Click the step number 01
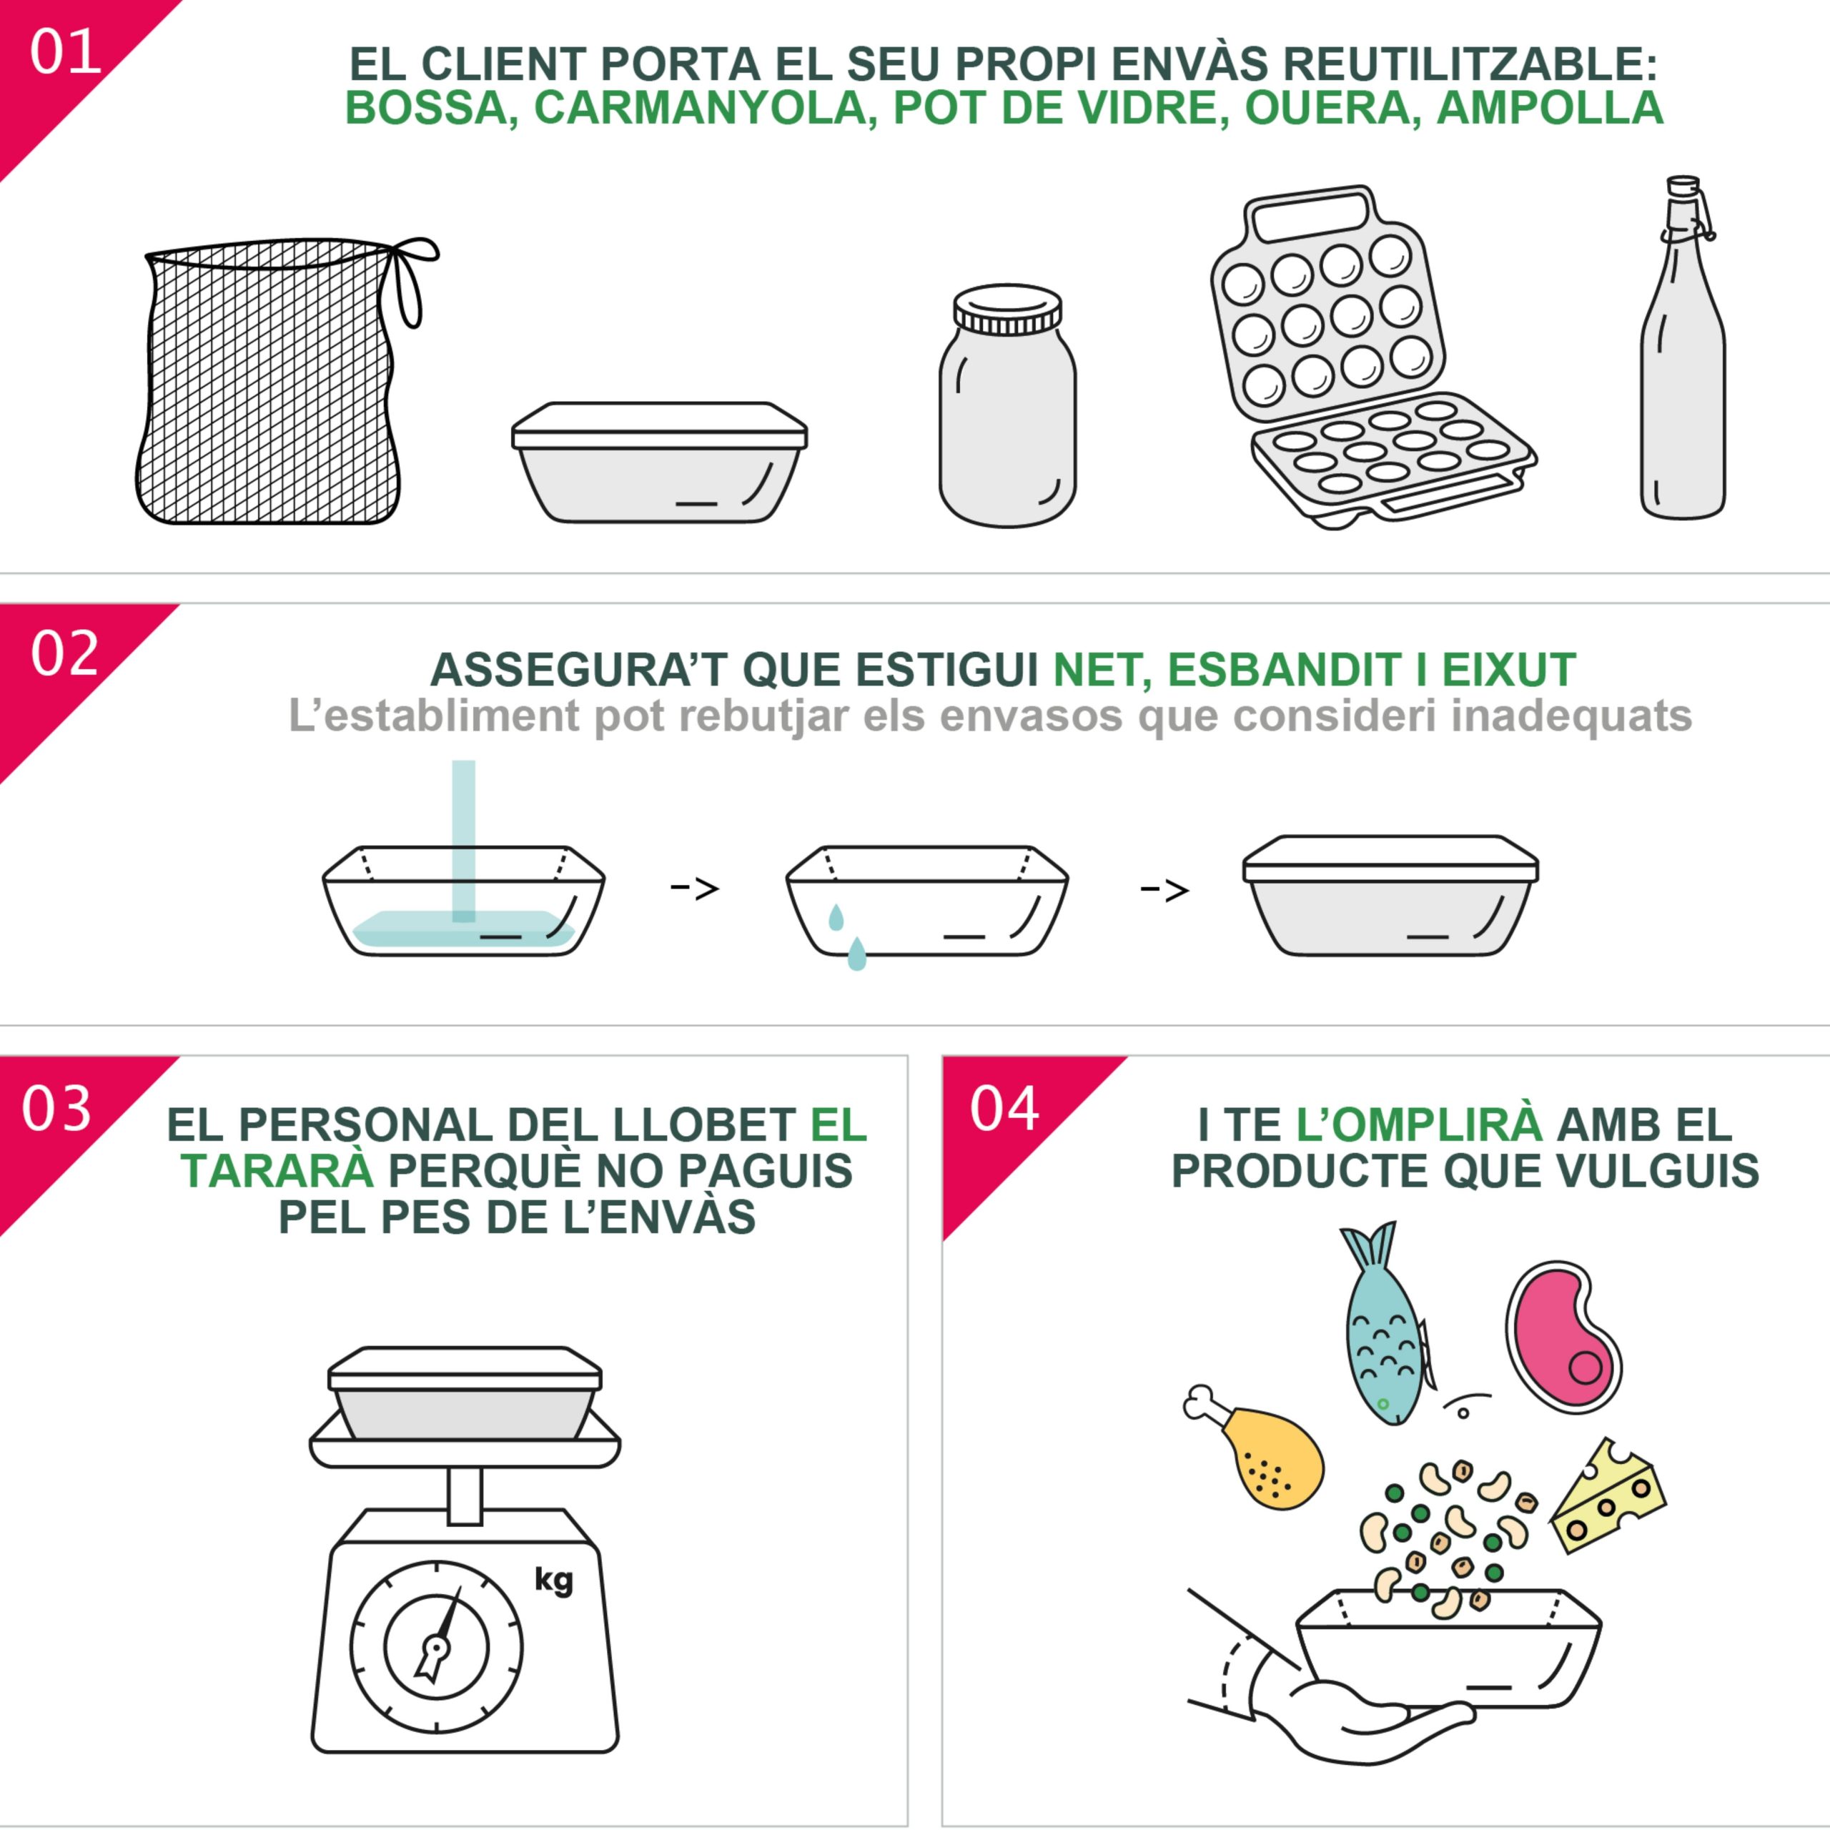click(x=64, y=52)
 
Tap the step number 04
click(x=1004, y=1108)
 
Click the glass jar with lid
click(x=1007, y=405)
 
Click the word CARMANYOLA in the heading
click(x=700, y=108)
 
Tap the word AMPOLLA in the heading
click(x=1550, y=108)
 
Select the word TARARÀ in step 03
click(x=277, y=1172)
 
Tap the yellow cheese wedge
click(x=1608, y=1497)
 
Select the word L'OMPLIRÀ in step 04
click(x=1419, y=1124)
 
